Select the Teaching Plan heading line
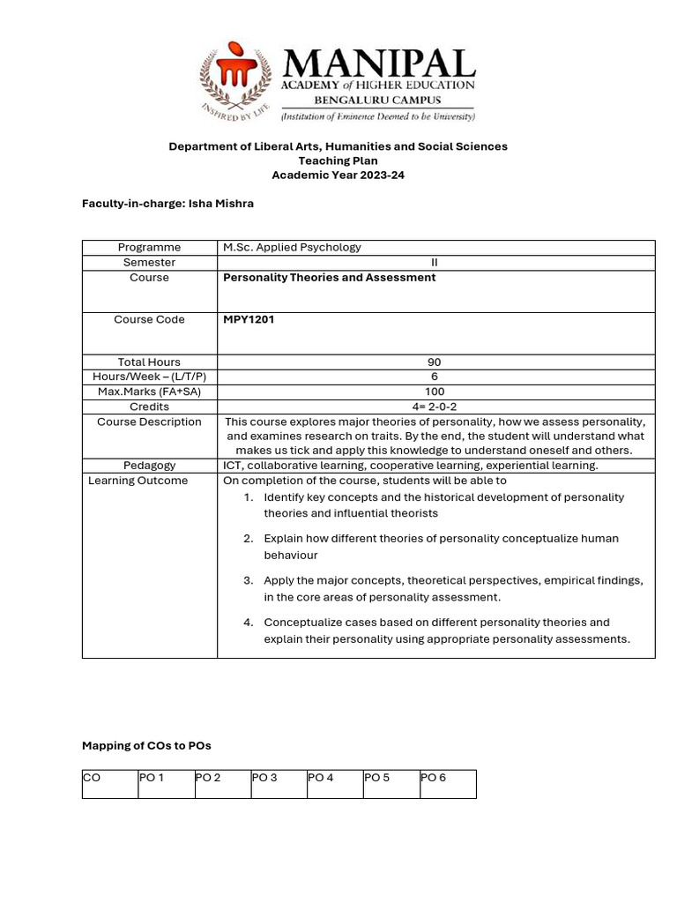pyautogui.click(x=338, y=160)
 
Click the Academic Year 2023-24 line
pyautogui.click(x=338, y=175)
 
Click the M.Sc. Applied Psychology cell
pyautogui.click(x=292, y=248)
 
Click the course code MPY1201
pyautogui.click(x=249, y=320)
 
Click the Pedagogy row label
pyautogui.click(x=150, y=466)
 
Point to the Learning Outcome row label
pyautogui.click(x=138, y=481)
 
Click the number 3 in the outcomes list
pyautogui.click(x=249, y=580)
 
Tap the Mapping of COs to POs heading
pyautogui.click(x=146, y=746)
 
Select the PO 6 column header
pyautogui.click(x=434, y=778)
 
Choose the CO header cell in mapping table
pyautogui.click(x=92, y=778)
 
